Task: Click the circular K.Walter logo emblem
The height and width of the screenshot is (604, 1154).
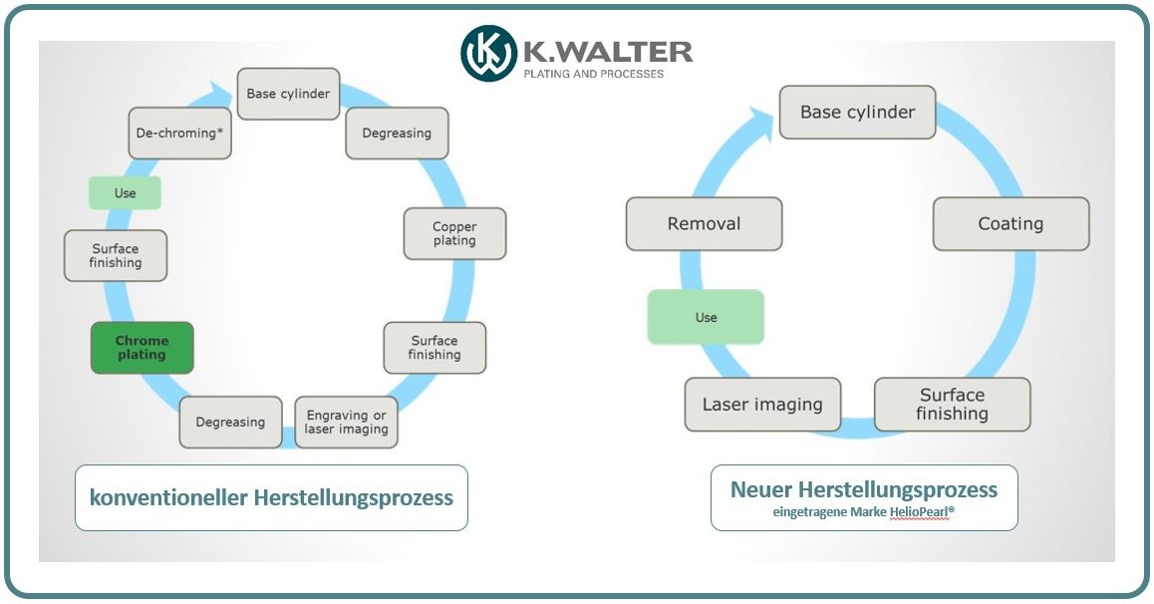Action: point(488,54)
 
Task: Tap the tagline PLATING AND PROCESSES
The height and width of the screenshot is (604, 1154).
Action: point(594,74)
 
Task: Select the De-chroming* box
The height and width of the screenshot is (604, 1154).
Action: point(180,133)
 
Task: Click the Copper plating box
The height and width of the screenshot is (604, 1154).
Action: point(454,234)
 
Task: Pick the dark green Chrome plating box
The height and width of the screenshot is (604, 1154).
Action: point(142,348)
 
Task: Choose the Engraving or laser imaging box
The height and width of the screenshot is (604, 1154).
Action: point(346,423)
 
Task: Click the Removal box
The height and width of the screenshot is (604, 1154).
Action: point(704,224)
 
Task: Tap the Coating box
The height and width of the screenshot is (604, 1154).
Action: point(1010,224)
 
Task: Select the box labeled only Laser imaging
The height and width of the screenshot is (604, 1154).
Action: point(762,405)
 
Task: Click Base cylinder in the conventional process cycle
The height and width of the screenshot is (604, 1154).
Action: point(288,95)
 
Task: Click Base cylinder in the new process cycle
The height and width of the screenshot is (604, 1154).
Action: point(857,112)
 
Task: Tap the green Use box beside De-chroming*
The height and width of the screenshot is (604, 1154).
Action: point(125,193)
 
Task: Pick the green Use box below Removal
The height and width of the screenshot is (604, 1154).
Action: point(706,317)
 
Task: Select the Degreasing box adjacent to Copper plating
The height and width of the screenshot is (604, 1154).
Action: point(397,134)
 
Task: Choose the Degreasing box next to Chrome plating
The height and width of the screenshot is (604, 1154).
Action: point(230,423)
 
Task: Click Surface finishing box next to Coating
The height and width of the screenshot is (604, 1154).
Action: point(952,404)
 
